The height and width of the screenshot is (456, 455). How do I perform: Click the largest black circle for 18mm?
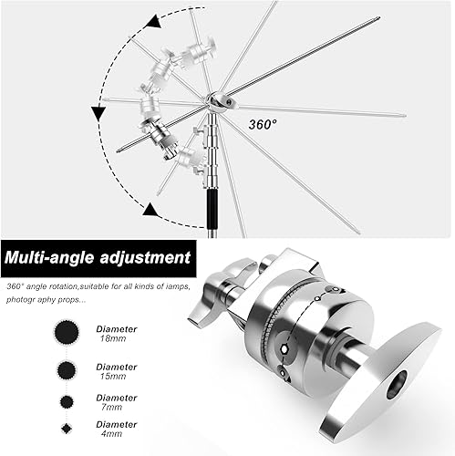pos(67,331)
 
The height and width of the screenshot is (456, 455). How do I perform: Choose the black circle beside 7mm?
pos(67,400)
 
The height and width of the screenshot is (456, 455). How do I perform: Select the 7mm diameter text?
pos(116,400)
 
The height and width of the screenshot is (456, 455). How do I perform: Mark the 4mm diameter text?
pos(116,429)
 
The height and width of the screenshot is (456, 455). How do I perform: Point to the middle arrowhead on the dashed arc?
pos(94,113)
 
